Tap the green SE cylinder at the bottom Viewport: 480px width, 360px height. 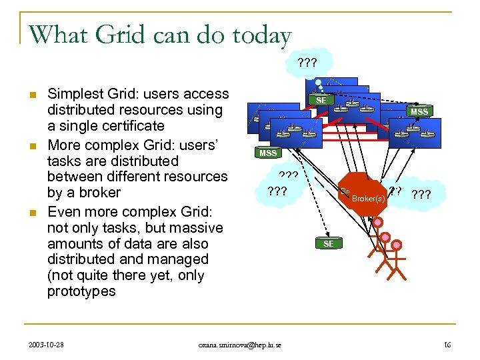(329, 243)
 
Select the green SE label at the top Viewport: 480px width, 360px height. (321, 99)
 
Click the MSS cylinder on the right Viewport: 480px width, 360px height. (419, 111)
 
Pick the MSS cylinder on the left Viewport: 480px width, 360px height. (268, 153)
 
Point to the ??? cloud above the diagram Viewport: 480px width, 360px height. (308, 63)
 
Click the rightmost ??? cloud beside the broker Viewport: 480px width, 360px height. (422, 195)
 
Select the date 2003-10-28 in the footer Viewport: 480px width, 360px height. (47, 345)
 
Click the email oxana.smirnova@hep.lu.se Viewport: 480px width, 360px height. (239, 345)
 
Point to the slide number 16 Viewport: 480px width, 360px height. (447, 345)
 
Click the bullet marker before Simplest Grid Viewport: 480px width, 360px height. (32, 95)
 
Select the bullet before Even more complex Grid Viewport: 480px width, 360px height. (32, 213)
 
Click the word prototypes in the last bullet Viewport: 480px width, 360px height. (81, 291)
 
